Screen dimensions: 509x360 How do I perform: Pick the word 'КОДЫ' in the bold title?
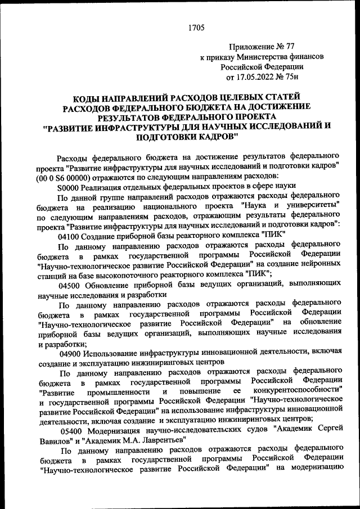(91, 97)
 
